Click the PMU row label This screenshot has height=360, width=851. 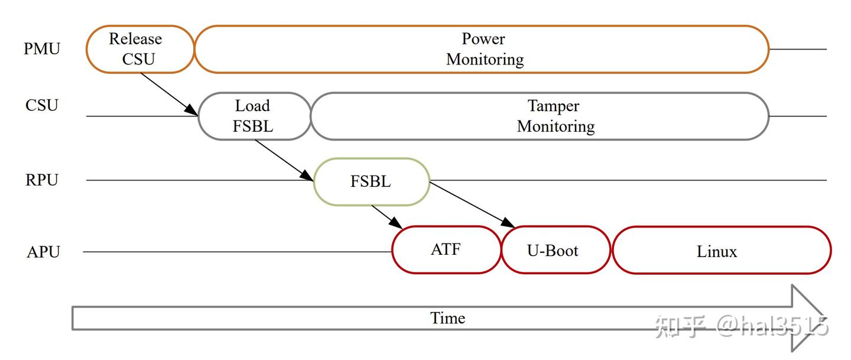pos(42,48)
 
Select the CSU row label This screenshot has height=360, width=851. pos(42,105)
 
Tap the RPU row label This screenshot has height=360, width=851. pos(42,180)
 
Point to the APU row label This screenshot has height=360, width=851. pos(43,252)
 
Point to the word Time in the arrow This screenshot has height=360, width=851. pos(447,318)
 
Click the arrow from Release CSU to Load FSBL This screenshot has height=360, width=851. pos(169,94)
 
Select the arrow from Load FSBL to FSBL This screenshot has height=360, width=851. pos(284,160)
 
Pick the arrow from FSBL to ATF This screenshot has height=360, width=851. pos(387,217)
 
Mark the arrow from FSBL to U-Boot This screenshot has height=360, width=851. pos(472,205)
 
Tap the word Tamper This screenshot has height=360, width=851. pos(554,106)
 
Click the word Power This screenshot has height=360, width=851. pos(483,39)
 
